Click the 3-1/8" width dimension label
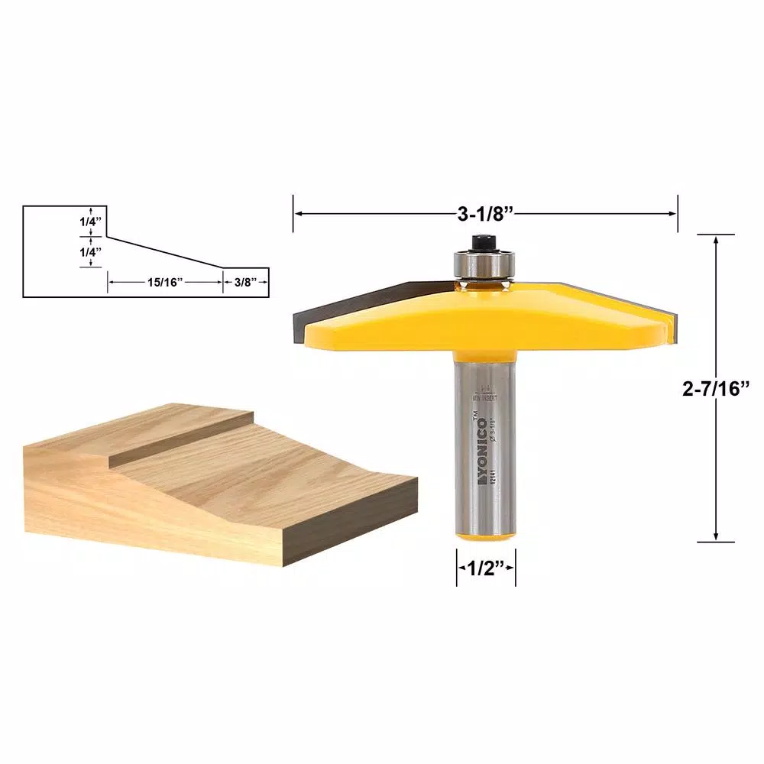coord(484,215)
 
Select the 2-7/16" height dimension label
coord(716,388)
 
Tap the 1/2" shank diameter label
coord(486,569)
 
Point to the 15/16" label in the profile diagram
coord(164,282)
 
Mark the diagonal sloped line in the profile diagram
coord(164,252)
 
